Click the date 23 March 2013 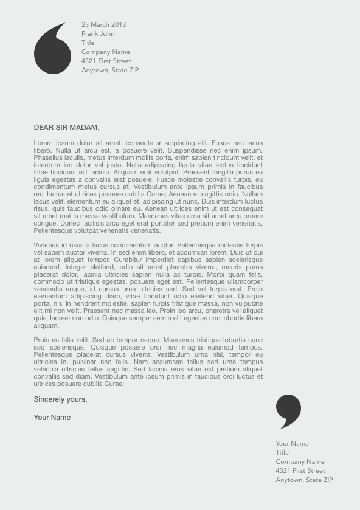103,24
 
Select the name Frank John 98,33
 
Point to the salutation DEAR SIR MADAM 66,128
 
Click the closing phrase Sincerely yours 60,399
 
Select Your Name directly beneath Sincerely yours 52,418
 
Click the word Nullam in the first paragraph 252,194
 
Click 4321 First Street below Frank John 106,61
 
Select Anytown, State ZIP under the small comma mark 304,480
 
